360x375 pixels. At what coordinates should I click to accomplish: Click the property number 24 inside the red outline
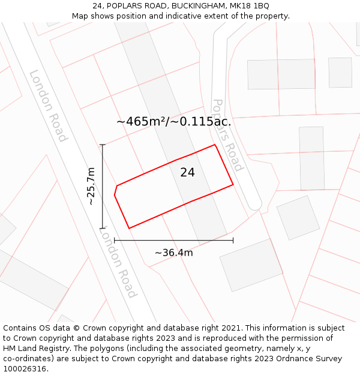click(x=187, y=173)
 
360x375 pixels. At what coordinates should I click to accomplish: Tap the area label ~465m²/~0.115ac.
click(x=174, y=122)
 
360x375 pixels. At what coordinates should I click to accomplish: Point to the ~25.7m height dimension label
click(x=91, y=186)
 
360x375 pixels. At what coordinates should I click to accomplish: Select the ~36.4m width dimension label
click(x=174, y=253)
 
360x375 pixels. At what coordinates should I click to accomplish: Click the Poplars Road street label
click(x=228, y=135)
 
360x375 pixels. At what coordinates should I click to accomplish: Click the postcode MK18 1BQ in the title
click(x=248, y=6)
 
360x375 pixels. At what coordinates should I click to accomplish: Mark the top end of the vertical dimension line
click(x=103, y=145)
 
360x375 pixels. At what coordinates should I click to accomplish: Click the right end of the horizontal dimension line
click(x=233, y=241)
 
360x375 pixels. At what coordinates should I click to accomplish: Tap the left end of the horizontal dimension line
click(x=115, y=241)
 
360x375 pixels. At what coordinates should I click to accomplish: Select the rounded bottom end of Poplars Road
click(x=255, y=206)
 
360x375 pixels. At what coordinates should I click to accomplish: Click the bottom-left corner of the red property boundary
click(x=129, y=228)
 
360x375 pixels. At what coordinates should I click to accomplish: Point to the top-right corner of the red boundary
click(x=215, y=145)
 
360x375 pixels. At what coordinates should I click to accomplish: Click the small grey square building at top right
click(x=340, y=73)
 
